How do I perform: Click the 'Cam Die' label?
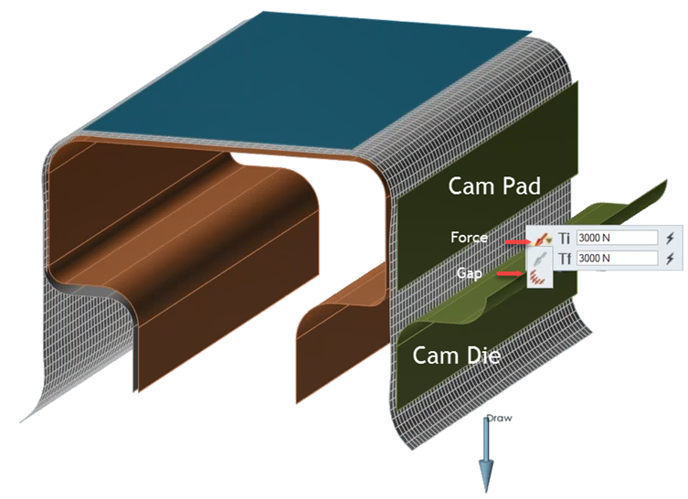pos(456,355)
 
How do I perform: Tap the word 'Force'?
pos(469,238)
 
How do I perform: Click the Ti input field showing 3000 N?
pos(617,238)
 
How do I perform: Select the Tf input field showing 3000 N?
pos(617,259)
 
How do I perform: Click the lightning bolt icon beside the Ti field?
pos(672,238)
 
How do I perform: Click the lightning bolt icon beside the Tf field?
pos(672,259)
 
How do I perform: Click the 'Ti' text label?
pos(564,238)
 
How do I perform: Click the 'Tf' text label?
pos(564,259)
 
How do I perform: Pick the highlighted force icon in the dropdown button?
pos(541,239)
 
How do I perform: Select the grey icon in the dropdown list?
pos(540,260)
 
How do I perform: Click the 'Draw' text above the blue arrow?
pos(499,418)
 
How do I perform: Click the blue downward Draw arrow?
pos(487,457)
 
